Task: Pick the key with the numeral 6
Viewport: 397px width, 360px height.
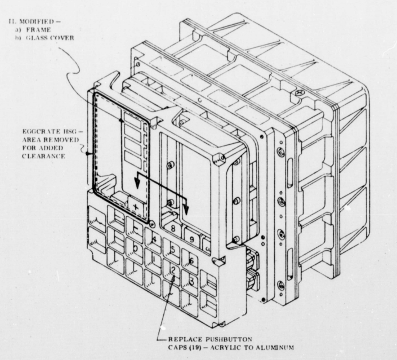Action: (x=191, y=260)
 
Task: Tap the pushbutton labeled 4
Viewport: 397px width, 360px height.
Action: (x=154, y=239)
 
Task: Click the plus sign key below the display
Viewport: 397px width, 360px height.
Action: (x=135, y=207)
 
